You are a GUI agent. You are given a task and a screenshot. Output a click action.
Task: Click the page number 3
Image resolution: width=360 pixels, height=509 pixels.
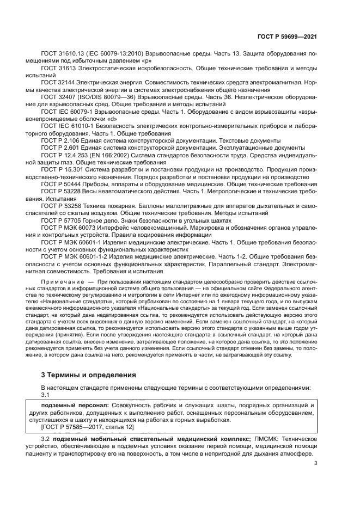tap(315, 464)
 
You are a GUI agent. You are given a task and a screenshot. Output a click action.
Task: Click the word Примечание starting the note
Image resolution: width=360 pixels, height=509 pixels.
tap(59, 278)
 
